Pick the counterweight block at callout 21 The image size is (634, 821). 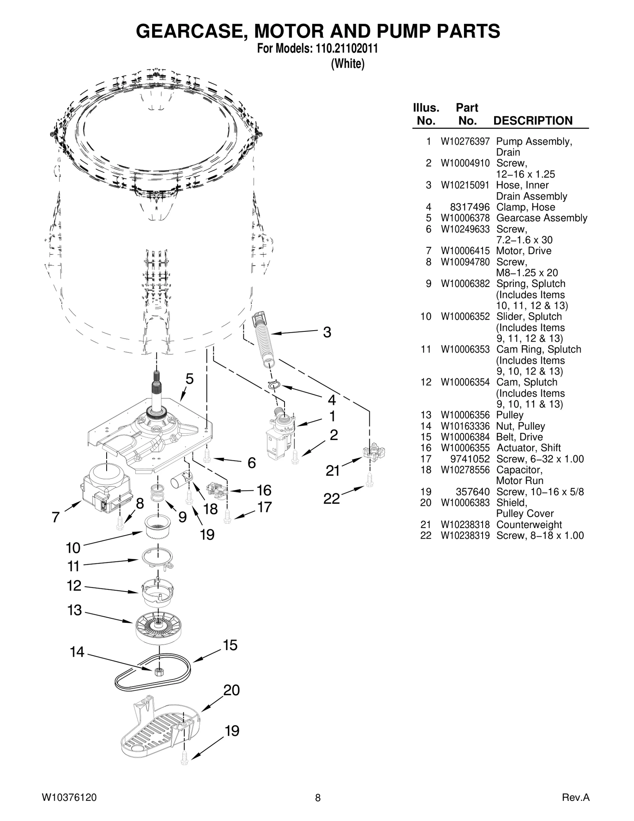coord(373,452)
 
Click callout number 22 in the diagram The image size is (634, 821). coord(332,499)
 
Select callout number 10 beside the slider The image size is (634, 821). coord(73,548)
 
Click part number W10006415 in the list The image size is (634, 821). coord(465,251)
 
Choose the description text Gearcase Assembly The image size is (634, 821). coord(541,218)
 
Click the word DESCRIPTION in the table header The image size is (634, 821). coord(533,121)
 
